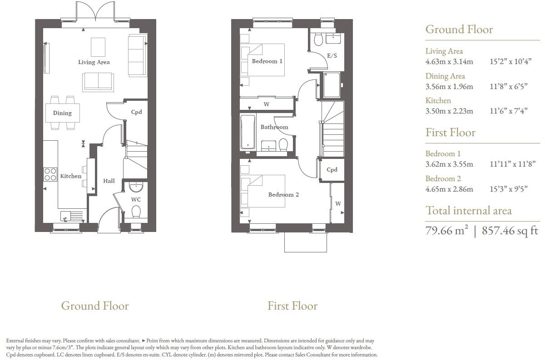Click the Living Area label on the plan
pyautogui.click(x=94, y=62)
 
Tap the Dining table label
pyautogui.click(x=62, y=113)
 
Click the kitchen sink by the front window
pyautogui.click(x=66, y=216)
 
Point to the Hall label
pyautogui.click(x=109, y=181)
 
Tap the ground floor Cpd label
pyautogui.click(x=136, y=112)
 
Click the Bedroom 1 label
pyautogui.click(x=267, y=61)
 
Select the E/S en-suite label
pyautogui.click(x=332, y=56)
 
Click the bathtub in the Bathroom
pyautogui.click(x=248, y=132)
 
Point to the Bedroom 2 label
pyautogui.click(x=283, y=195)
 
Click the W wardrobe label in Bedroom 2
pyautogui.click(x=338, y=204)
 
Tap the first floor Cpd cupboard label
pyautogui.click(x=332, y=170)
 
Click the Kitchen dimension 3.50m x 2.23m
pyautogui.click(x=449, y=111)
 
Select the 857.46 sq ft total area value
pyautogui.click(x=510, y=231)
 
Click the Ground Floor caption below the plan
pyautogui.click(x=95, y=306)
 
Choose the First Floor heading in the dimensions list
pyautogui.click(x=450, y=133)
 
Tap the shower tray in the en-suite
pyautogui.click(x=332, y=84)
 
